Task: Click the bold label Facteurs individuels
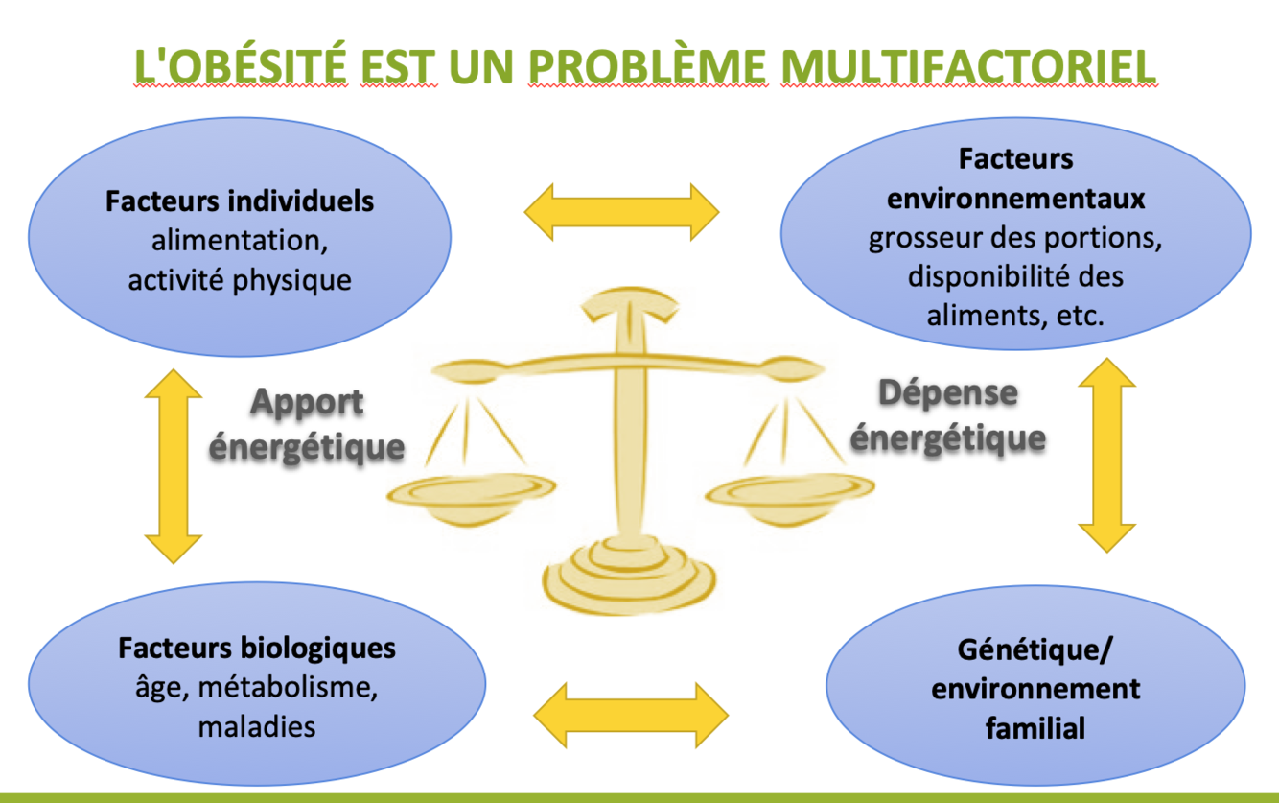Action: (x=240, y=202)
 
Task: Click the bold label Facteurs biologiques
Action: (x=257, y=648)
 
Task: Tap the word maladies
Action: (x=256, y=726)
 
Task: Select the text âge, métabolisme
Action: (x=256, y=687)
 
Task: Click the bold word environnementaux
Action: (x=1015, y=199)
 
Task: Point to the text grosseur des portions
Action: (x=1015, y=238)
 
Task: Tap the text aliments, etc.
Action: (x=1015, y=315)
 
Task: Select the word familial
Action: (x=1035, y=727)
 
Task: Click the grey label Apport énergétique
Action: (x=307, y=424)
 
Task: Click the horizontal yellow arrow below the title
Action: (x=621, y=211)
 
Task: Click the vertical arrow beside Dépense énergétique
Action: (x=1106, y=455)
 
